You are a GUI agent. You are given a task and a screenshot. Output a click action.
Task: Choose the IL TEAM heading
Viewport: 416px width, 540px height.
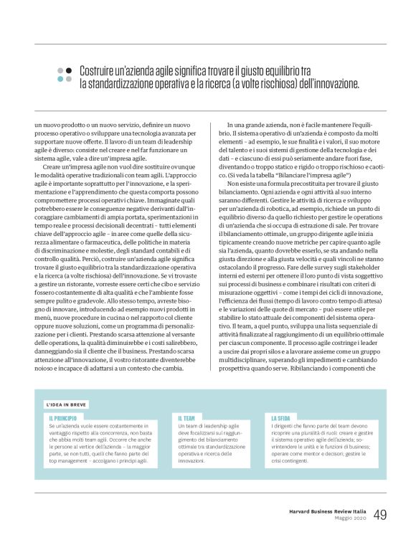point(188,417)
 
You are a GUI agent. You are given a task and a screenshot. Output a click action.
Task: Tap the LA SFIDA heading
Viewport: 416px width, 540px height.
point(281,417)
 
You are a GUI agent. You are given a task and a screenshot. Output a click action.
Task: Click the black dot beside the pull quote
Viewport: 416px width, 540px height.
point(69,71)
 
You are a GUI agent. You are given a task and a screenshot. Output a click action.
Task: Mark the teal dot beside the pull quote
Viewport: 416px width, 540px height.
point(69,79)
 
